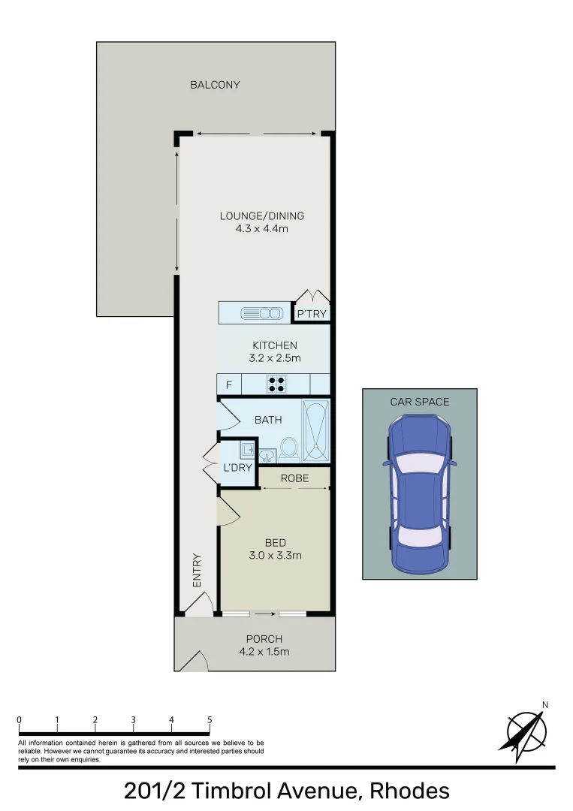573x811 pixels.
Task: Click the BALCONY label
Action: pyautogui.click(x=215, y=85)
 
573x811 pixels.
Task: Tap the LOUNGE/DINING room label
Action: pyautogui.click(x=261, y=216)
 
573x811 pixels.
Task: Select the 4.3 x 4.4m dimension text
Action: pyautogui.click(x=261, y=228)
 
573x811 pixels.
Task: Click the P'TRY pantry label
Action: pyautogui.click(x=312, y=314)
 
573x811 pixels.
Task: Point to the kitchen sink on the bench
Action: pyautogui.click(x=260, y=312)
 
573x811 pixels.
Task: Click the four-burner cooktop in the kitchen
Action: pyautogui.click(x=276, y=384)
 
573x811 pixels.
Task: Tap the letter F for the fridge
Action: pyautogui.click(x=228, y=385)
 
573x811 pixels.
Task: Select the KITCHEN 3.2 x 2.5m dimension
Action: pyautogui.click(x=274, y=358)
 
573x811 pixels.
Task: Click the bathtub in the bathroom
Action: pyautogui.click(x=315, y=430)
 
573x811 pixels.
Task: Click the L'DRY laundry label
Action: pyautogui.click(x=237, y=468)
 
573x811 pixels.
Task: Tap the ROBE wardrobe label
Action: pyautogui.click(x=294, y=478)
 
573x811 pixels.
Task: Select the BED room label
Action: pyautogui.click(x=275, y=543)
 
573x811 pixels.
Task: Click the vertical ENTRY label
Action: pyautogui.click(x=198, y=570)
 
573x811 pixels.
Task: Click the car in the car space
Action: pyautogui.click(x=419, y=495)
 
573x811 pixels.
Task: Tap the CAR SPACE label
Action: pyautogui.click(x=419, y=402)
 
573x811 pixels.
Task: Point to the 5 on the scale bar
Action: pyautogui.click(x=210, y=720)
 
